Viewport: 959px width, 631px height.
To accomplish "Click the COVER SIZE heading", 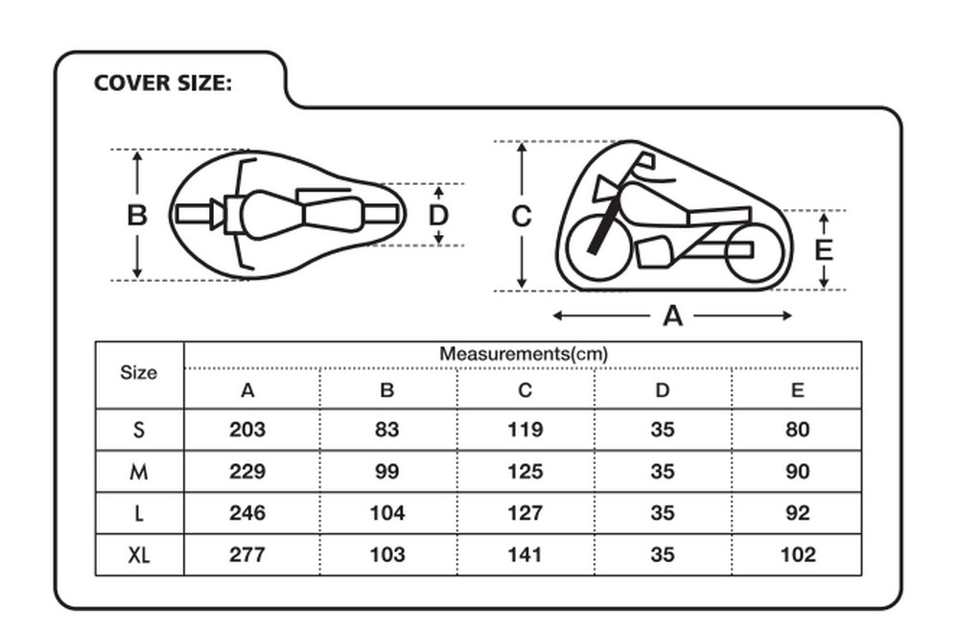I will pyautogui.click(x=163, y=83).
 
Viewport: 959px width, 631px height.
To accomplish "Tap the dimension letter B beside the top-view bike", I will pyautogui.click(x=137, y=216).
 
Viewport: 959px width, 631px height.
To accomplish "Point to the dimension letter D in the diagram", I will pyautogui.click(x=438, y=216).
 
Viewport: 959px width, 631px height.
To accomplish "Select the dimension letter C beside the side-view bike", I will pyautogui.click(x=521, y=218).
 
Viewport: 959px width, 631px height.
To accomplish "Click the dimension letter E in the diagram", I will pyautogui.click(x=824, y=250).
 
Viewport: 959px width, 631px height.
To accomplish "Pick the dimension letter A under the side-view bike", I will pyautogui.click(x=672, y=315).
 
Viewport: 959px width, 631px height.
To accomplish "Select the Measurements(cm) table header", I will pyautogui.click(x=524, y=354).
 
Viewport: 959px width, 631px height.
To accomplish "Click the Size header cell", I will pyautogui.click(x=138, y=373).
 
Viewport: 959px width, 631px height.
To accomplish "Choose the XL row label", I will pyautogui.click(x=139, y=555).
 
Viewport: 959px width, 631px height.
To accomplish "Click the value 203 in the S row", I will pyautogui.click(x=247, y=430).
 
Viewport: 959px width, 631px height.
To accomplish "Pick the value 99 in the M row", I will pyautogui.click(x=386, y=472).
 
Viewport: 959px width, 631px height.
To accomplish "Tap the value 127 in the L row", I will pyautogui.click(x=525, y=513).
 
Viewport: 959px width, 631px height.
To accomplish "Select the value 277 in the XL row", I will pyautogui.click(x=247, y=554).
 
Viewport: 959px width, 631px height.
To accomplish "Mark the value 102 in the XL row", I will pyautogui.click(x=798, y=554).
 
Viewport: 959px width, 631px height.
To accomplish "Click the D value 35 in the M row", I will pyautogui.click(x=663, y=472).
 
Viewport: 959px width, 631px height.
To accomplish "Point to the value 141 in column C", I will pyautogui.click(x=525, y=554).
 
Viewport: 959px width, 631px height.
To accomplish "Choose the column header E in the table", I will pyautogui.click(x=798, y=391).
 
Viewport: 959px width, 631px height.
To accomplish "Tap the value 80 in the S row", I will pyautogui.click(x=798, y=430).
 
